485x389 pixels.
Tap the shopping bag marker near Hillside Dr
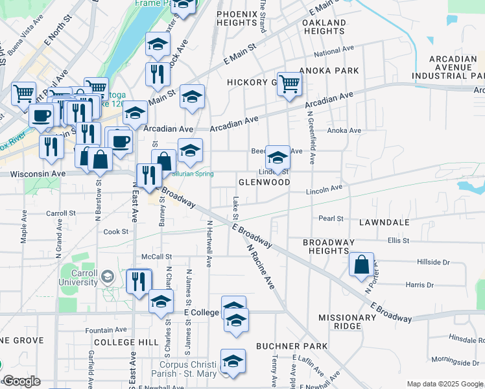pyautogui.click(x=362, y=265)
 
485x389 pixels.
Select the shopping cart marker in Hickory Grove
pyautogui.click(x=289, y=84)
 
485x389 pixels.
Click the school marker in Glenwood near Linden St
pyautogui.click(x=278, y=158)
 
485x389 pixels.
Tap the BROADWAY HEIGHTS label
pyautogui.click(x=329, y=246)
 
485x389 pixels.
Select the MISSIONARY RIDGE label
pyautogui.click(x=347, y=322)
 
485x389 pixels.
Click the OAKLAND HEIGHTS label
pyautogui.click(x=324, y=27)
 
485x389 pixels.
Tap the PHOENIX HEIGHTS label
pyautogui.click(x=238, y=18)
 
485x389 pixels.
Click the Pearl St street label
pyautogui.click(x=331, y=219)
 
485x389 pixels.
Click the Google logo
pyautogui.click(x=21, y=381)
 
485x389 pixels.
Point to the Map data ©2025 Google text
pyautogui.click(x=444, y=384)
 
